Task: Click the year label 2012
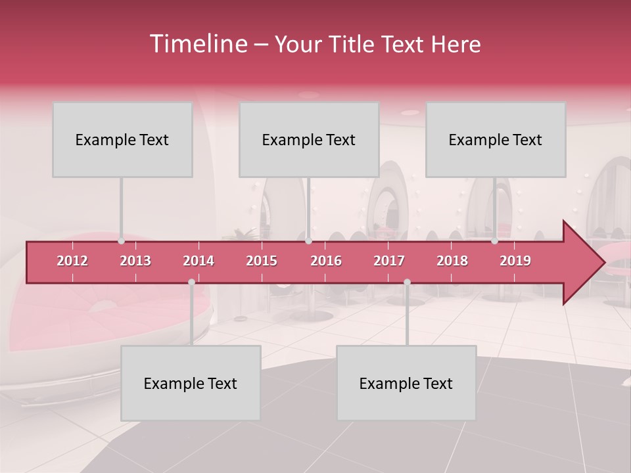(x=72, y=261)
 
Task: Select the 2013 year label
(x=135, y=261)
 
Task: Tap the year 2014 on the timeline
(x=199, y=261)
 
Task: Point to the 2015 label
(x=262, y=261)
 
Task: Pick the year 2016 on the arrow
(x=326, y=261)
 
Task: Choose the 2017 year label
(x=389, y=261)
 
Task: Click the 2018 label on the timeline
(x=452, y=261)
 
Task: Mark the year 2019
(x=515, y=261)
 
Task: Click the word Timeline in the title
(x=197, y=44)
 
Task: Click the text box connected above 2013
(x=122, y=139)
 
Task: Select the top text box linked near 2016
(x=309, y=139)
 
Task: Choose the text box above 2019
(x=496, y=139)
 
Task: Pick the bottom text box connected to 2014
(x=191, y=383)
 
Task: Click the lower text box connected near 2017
(x=406, y=383)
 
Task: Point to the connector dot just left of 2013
(x=121, y=241)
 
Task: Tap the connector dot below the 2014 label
(x=191, y=282)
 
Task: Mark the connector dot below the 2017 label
(x=407, y=282)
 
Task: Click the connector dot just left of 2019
(x=494, y=241)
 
